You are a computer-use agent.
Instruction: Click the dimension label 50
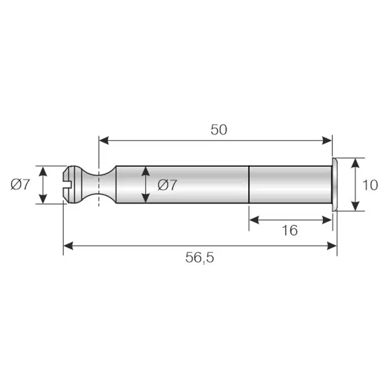219,129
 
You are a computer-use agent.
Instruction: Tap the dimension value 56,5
200,257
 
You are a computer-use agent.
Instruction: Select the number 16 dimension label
290,230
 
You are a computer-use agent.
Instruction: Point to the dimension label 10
370,185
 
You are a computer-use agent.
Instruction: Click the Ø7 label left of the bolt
21,184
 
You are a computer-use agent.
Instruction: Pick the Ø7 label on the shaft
167,185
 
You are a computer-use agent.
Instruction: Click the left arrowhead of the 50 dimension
104,141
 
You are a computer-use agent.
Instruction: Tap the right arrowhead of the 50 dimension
327,141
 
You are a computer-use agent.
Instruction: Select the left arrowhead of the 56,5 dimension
68,246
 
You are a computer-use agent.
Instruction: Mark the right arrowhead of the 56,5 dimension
332,246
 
